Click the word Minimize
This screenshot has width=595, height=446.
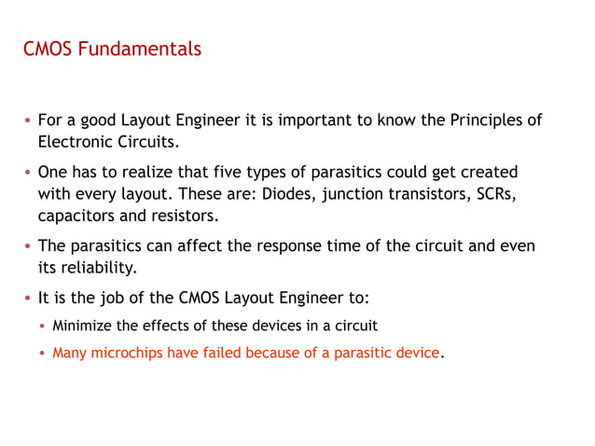(83, 326)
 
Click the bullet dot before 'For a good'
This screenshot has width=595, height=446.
(29, 121)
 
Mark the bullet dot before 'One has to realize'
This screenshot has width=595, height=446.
(29, 174)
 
